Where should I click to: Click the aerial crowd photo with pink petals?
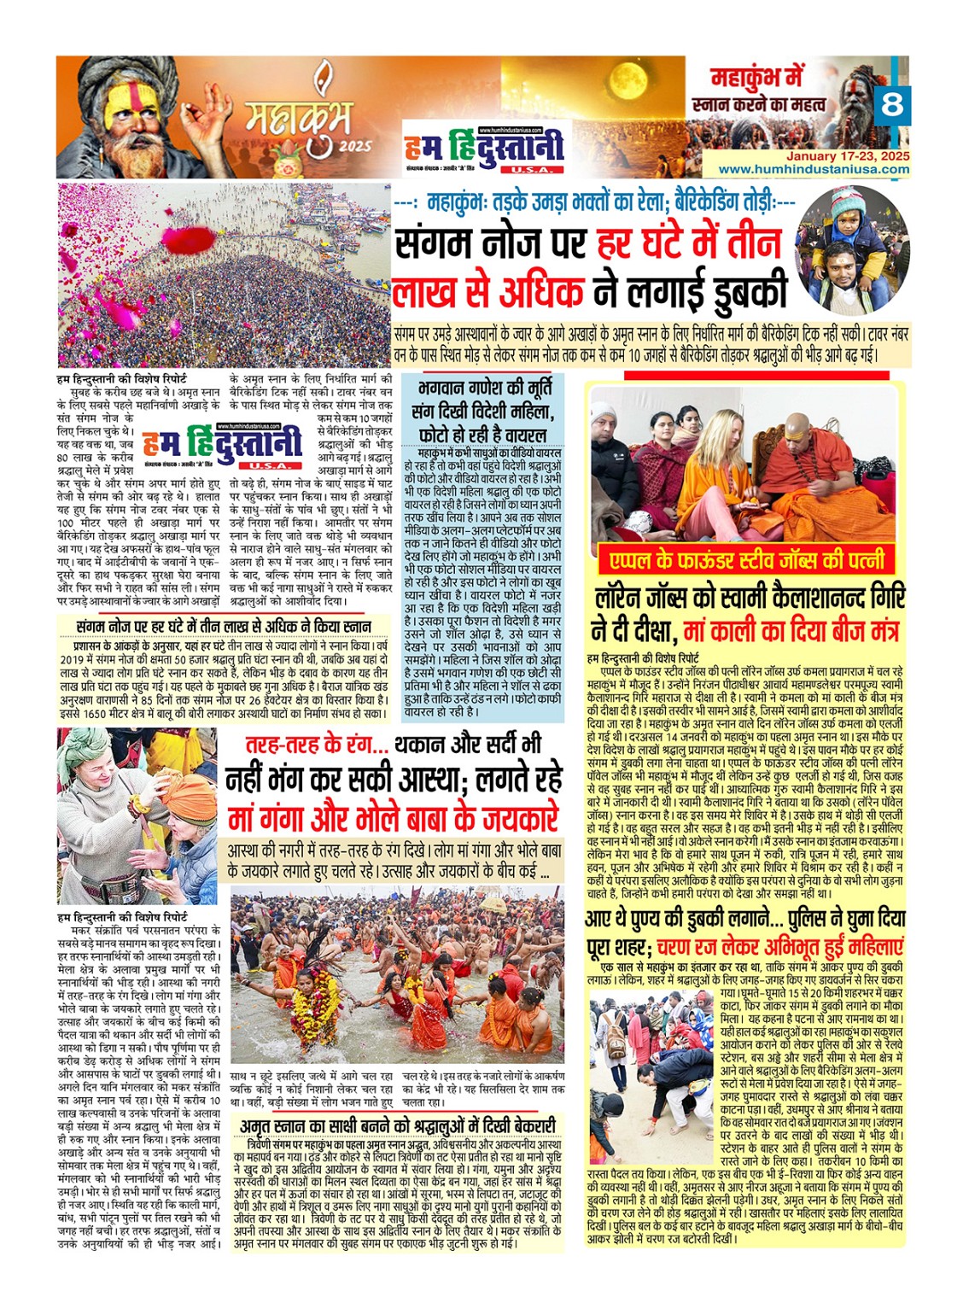224,275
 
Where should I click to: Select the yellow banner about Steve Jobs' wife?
746,560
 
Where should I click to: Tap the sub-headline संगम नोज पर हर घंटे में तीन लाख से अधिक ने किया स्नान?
223,628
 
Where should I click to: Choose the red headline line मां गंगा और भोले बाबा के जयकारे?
394,819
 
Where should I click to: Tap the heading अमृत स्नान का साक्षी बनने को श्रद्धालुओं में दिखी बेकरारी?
397,1126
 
